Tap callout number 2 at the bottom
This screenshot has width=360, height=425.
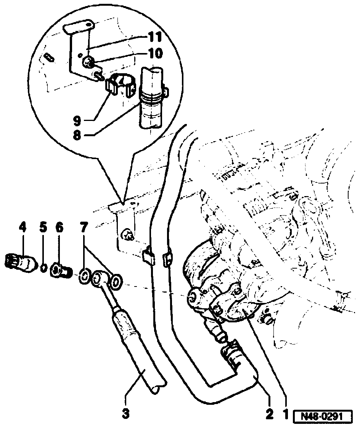coord(270,413)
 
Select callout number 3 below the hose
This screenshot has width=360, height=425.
coord(126,413)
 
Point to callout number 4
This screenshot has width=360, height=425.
coord(22,228)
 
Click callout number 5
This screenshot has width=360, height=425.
coord(43,228)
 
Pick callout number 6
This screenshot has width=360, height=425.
coord(59,228)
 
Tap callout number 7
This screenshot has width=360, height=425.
coord(84,228)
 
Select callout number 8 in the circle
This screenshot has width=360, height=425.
coord(77,135)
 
